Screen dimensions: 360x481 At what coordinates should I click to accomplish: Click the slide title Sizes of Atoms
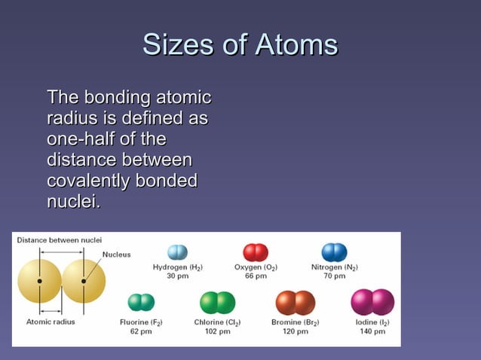click(240, 44)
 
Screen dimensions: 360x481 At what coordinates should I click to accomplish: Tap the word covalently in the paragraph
click(88, 182)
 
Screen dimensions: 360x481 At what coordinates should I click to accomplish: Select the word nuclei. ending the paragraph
click(73, 203)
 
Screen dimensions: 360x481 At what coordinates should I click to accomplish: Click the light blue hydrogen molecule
click(177, 252)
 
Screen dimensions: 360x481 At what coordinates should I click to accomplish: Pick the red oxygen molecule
click(256, 252)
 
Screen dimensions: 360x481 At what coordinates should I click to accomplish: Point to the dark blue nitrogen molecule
click(334, 252)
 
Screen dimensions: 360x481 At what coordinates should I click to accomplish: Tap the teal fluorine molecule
click(141, 303)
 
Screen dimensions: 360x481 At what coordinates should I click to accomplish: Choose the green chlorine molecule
click(217, 303)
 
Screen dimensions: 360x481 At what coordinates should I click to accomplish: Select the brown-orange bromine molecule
click(295, 303)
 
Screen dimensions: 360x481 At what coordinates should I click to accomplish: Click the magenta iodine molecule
click(372, 302)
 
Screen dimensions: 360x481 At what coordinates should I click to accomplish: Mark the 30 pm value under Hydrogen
click(177, 276)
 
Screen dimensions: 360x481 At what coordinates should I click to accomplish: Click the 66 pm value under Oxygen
click(256, 276)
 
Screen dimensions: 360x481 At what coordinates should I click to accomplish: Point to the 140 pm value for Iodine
click(372, 331)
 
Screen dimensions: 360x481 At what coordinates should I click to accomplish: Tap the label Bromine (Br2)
click(295, 322)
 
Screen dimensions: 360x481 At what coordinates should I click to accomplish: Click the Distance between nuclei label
click(59, 239)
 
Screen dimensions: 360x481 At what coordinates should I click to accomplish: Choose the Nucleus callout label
click(116, 254)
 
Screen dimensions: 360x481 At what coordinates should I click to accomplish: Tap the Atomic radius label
click(51, 322)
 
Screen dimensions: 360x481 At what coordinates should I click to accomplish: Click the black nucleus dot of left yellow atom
click(39, 281)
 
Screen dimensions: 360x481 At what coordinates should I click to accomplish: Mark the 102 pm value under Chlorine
click(217, 331)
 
